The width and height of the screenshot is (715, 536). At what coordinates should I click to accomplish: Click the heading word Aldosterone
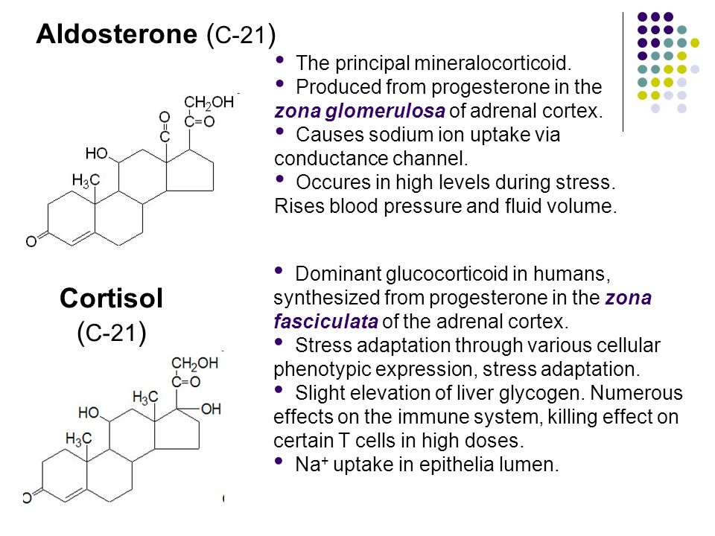click(x=117, y=33)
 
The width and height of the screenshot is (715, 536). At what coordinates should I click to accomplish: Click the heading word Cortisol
click(x=111, y=298)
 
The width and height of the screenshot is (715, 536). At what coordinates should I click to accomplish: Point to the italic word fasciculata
click(x=325, y=322)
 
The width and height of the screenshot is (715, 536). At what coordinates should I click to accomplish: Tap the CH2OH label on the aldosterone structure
click(x=209, y=103)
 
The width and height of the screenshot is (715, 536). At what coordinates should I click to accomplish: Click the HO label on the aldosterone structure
click(x=96, y=153)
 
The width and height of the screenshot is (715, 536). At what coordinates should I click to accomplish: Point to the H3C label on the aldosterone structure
click(x=86, y=180)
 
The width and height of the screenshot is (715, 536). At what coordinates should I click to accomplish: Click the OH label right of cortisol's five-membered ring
click(x=211, y=409)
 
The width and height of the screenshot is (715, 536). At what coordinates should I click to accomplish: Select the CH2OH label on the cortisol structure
click(x=194, y=363)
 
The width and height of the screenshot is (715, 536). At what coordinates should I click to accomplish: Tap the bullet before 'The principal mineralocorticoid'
click(x=279, y=60)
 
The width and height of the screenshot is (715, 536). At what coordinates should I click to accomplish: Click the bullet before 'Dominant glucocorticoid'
click(x=278, y=270)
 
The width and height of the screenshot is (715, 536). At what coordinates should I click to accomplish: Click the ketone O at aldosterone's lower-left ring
click(x=31, y=241)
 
